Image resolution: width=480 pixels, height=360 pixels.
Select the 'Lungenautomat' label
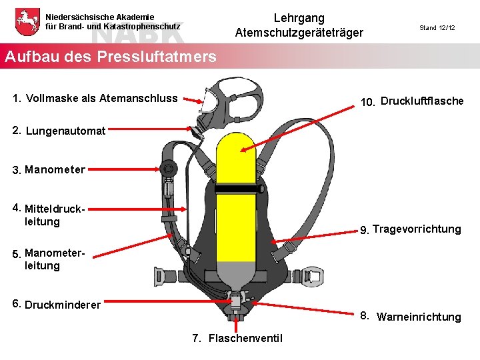click(65, 131)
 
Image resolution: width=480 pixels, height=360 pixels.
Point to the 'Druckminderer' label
click(62, 305)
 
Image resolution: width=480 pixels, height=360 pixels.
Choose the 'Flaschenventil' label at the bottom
click(245, 339)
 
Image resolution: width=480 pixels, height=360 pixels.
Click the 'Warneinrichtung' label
click(418, 317)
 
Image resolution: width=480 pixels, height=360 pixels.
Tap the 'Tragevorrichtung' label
click(416, 229)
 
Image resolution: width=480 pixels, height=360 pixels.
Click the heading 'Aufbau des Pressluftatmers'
click(110, 57)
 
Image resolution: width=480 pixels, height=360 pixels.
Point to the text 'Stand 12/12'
click(437, 28)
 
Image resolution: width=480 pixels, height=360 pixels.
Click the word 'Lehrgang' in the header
click(299, 18)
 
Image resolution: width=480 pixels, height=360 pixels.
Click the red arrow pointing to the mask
click(193, 101)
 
